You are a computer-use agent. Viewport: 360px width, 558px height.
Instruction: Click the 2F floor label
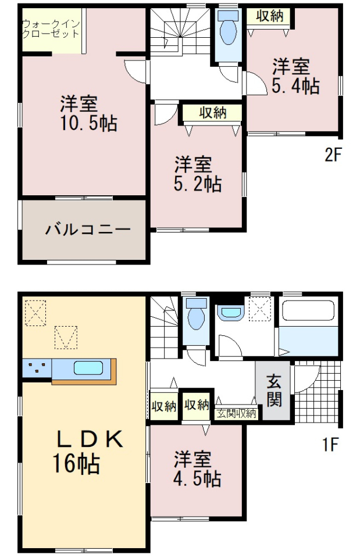click(333, 155)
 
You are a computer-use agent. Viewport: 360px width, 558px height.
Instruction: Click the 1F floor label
click(330, 445)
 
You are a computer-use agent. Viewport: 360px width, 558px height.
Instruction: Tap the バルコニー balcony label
click(88, 229)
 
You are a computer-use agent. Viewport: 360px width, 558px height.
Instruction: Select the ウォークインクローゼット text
click(51, 29)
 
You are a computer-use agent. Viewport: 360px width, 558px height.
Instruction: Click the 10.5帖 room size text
click(89, 123)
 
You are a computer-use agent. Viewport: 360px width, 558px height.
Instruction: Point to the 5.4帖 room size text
click(295, 86)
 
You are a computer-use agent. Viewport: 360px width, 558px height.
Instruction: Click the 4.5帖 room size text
click(197, 478)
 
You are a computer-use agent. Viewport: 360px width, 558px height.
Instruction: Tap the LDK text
click(91, 439)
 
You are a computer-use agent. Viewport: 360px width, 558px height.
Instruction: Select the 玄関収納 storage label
click(237, 413)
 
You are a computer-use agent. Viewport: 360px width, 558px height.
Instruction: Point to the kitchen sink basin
click(88, 368)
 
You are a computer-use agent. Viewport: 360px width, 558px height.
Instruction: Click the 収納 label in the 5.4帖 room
click(270, 16)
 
